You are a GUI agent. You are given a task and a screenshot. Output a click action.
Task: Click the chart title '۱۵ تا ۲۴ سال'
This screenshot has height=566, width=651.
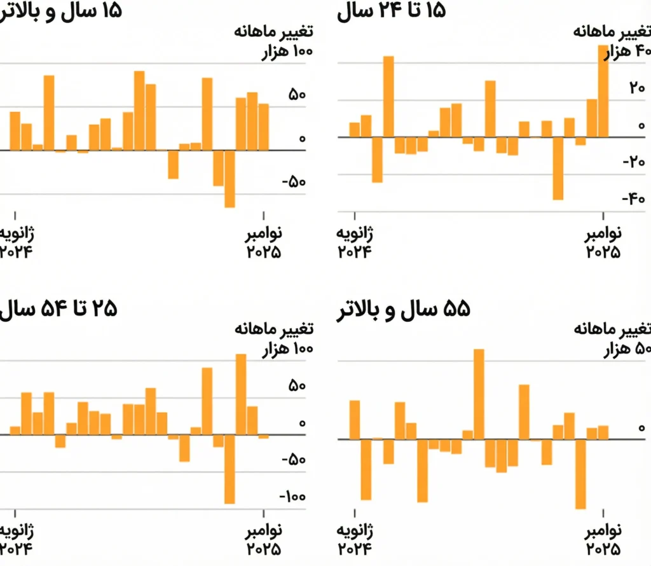click(x=391, y=11)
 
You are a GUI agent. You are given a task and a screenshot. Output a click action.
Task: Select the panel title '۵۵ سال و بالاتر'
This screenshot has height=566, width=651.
click(x=403, y=310)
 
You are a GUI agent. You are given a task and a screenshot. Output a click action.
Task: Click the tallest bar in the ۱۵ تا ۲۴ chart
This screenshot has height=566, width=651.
click(x=603, y=91)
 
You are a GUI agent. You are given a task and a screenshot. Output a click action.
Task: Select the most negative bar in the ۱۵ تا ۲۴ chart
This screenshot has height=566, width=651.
click(x=558, y=168)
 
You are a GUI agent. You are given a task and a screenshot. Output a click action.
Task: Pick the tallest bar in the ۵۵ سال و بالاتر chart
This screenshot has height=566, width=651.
click(x=479, y=394)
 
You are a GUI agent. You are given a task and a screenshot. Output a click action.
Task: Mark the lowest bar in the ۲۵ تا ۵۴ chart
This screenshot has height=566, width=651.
click(x=230, y=469)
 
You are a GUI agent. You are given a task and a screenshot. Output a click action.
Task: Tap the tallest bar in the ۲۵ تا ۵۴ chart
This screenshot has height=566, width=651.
click(x=241, y=394)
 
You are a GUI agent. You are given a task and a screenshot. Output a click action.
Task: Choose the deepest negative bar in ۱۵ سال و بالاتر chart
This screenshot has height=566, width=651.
click(x=230, y=179)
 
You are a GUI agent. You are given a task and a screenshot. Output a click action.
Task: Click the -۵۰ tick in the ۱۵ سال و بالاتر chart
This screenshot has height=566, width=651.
click(x=293, y=183)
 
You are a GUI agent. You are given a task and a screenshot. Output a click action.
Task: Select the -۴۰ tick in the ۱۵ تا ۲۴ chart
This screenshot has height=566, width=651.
click(x=633, y=199)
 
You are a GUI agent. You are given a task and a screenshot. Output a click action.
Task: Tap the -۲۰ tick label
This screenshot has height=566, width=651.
click(x=633, y=162)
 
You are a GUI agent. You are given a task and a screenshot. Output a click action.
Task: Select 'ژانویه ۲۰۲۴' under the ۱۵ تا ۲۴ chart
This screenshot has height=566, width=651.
click(x=355, y=242)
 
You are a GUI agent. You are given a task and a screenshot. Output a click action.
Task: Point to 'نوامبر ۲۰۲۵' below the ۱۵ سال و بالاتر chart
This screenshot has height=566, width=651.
click(x=264, y=242)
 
